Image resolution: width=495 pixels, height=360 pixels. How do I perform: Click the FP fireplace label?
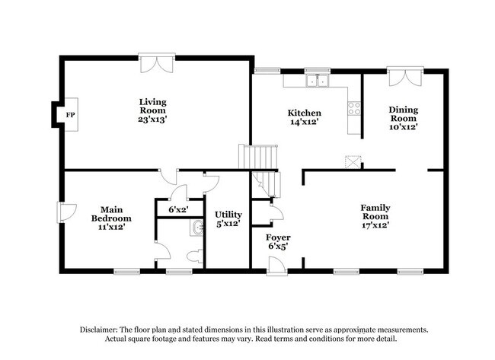[x=71, y=115]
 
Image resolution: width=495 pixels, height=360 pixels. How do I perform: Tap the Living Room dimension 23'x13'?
[x=152, y=120]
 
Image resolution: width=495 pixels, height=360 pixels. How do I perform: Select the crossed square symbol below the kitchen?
[x=352, y=161]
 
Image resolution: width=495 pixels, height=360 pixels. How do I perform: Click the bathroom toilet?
[x=197, y=253]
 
